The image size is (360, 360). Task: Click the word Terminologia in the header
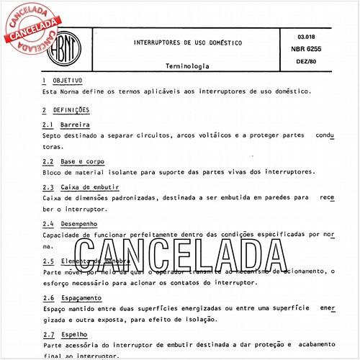pyautogui.click(x=188, y=65)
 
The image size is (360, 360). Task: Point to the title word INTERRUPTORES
pyautogui.click(x=161, y=42)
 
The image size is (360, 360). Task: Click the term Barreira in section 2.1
pyautogui.click(x=71, y=125)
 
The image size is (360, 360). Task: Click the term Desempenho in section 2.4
pyautogui.click(x=78, y=224)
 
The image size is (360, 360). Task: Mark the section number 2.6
pyautogui.click(x=48, y=297)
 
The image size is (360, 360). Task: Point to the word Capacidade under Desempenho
pyautogui.click(x=64, y=235)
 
